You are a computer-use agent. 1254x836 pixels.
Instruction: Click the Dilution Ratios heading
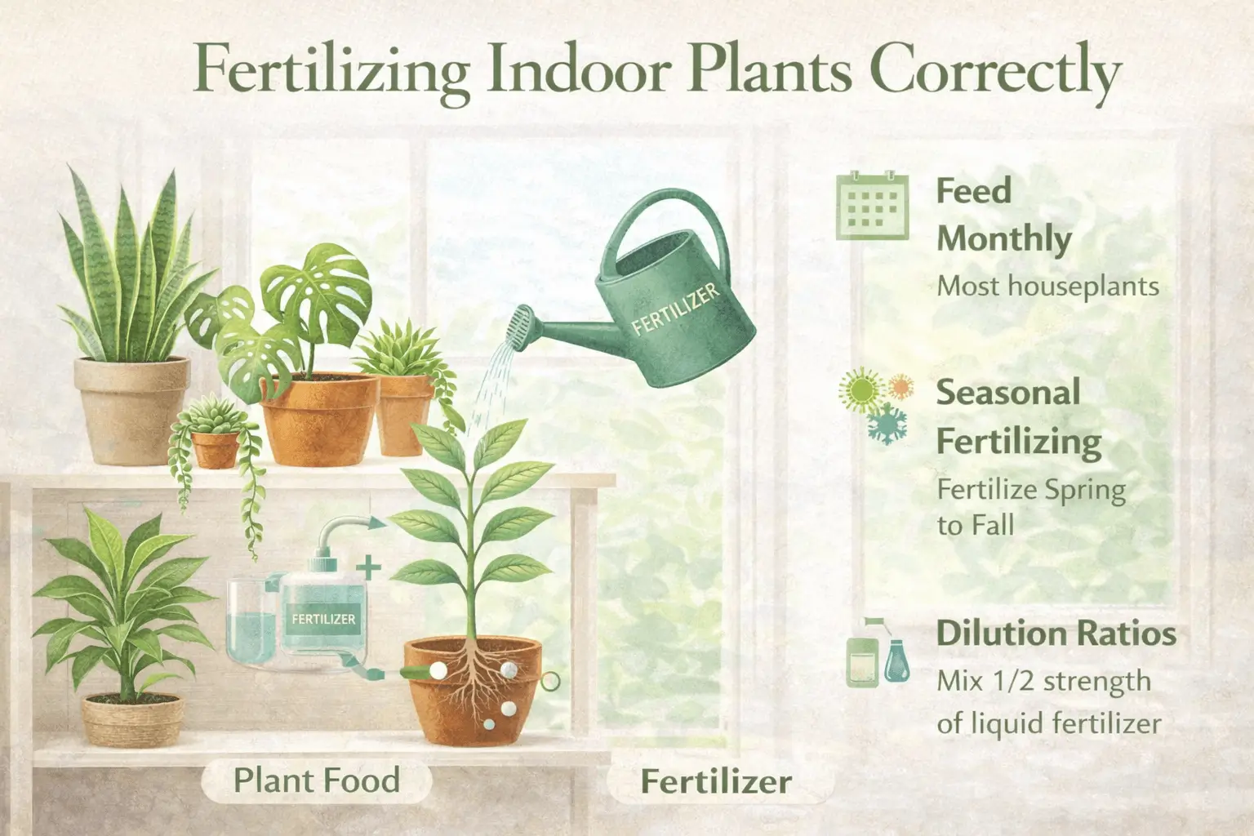(1056, 634)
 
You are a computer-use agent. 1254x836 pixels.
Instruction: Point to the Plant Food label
(316, 780)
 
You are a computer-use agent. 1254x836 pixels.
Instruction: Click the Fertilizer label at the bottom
(716, 781)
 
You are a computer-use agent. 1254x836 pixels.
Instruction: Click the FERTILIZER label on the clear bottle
(323, 619)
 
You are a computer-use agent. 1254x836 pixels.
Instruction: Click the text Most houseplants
(1047, 286)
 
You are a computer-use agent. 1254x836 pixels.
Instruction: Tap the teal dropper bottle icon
(896, 661)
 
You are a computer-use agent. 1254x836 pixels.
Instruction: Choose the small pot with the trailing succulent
(215, 448)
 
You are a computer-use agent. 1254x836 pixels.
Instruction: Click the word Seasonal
(1008, 393)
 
